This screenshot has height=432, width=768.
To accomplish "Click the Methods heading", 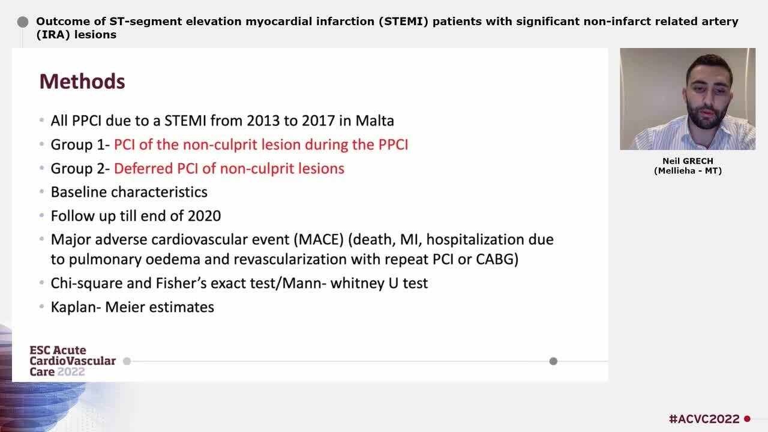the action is click(x=82, y=82).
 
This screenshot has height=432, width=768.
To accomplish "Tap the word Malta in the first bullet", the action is click(x=375, y=121).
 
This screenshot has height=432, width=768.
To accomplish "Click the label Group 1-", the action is click(x=80, y=145).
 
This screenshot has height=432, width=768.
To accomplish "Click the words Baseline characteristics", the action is click(x=129, y=192).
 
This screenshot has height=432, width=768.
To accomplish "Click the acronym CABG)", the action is click(x=497, y=259).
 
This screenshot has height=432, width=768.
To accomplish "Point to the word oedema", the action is click(x=173, y=259).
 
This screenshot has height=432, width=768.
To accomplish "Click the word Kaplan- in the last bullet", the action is click(x=76, y=307).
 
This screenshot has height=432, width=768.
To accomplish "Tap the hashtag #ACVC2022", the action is click(x=704, y=419).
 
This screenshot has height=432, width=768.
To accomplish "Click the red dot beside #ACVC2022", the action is click(x=748, y=419).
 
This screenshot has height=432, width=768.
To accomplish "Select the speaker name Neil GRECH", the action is click(x=688, y=161).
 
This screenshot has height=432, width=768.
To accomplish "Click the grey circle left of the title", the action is click(x=23, y=22).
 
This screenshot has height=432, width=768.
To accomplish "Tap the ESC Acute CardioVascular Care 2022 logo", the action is click(x=73, y=361).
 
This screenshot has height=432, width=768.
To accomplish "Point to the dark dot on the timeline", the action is click(x=553, y=361).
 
